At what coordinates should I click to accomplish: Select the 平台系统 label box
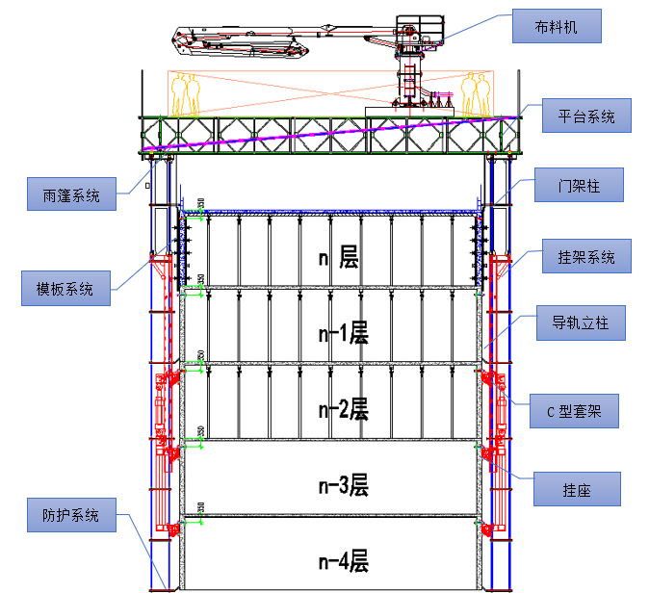pyautogui.click(x=586, y=116)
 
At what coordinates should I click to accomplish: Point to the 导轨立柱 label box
pyautogui.click(x=581, y=322)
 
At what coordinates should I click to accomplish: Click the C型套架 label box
pyautogui.click(x=574, y=411)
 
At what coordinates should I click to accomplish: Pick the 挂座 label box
pyautogui.click(x=577, y=489)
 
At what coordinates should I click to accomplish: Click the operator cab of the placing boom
pyautogui.click(x=420, y=30)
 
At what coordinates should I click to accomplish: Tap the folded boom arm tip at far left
pyautogui.click(x=176, y=41)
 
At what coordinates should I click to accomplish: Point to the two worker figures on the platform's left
pyautogui.click(x=186, y=95)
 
